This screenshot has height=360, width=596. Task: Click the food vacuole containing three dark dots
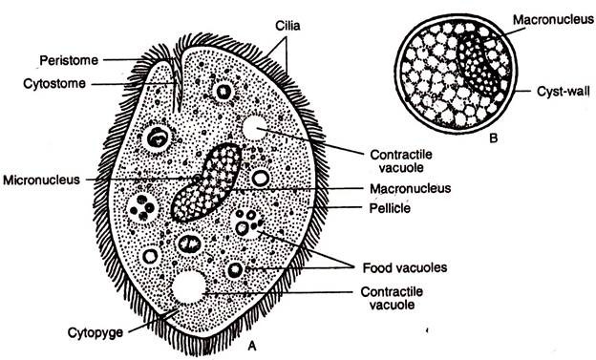[x=250, y=224]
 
